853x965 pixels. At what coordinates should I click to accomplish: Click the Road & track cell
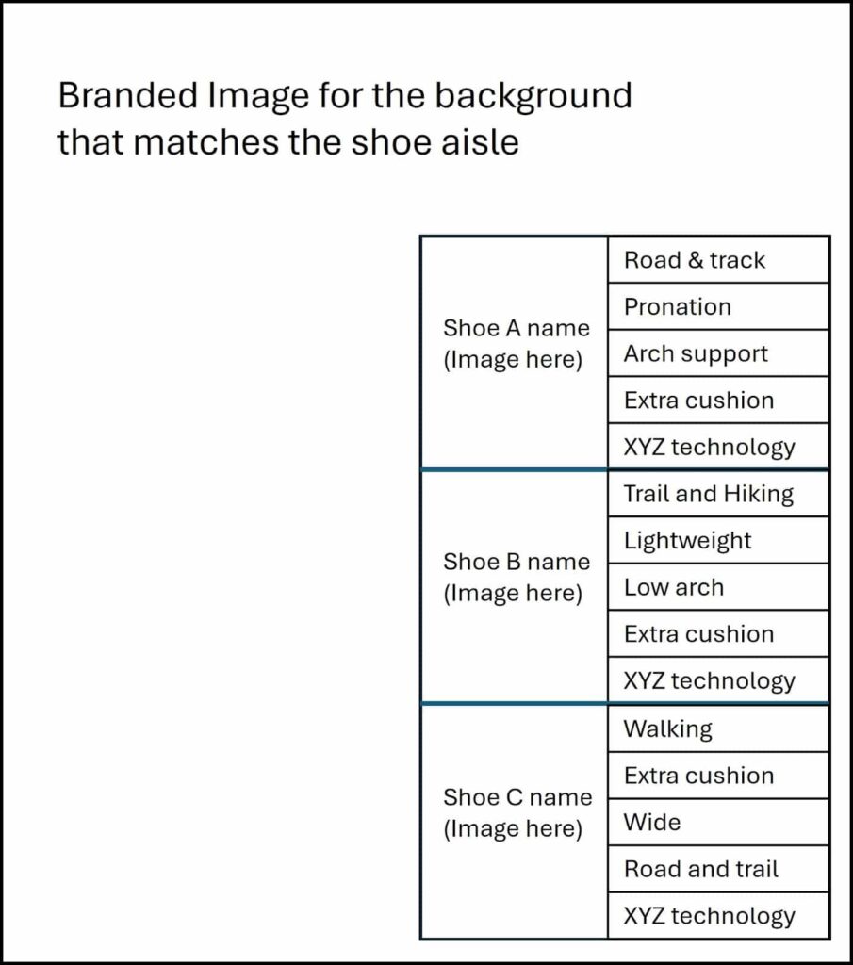point(718,260)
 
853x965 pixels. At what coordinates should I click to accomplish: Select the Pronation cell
point(718,306)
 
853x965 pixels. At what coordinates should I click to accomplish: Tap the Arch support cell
point(718,353)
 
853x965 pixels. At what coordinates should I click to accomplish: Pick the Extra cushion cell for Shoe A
point(718,400)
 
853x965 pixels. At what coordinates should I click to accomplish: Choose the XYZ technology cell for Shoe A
point(718,447)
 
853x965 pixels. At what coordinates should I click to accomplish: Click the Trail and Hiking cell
point(718,494)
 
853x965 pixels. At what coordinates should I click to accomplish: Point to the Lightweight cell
point(718,540)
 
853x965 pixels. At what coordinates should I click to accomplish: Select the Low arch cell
point(718,587)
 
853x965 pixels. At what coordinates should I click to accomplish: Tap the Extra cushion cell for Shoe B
point(718,634)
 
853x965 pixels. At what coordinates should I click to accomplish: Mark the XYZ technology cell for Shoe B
point(718,680)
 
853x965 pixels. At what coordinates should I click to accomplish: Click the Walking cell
point(718,728)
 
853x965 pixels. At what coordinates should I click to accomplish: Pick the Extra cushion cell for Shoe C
point(718,776)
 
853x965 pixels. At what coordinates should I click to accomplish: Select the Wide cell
point(718,822)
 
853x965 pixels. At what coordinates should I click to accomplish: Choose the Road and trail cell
point(718,869)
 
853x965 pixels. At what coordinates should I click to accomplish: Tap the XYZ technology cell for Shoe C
point(718,916)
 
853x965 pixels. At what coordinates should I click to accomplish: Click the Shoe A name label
point(517,328)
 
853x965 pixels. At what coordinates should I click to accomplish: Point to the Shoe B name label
point(517,562)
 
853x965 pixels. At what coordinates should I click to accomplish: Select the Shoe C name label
point(517,797)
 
